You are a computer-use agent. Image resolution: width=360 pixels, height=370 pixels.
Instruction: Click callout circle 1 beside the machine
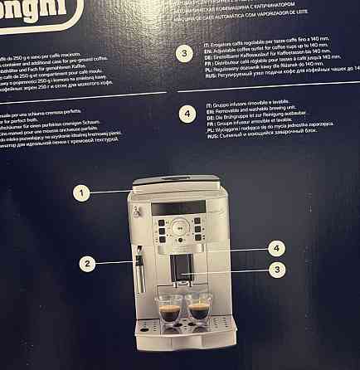(x=80, y=192)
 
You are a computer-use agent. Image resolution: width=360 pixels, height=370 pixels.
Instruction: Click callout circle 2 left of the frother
(x=85, y=263)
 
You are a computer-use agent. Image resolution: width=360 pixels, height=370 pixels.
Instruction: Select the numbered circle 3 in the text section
(x=185, y=54)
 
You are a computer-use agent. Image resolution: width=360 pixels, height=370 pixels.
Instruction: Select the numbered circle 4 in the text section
(x=185, y=114)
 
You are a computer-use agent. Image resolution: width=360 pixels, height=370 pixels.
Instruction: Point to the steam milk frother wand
(x=139, y=270)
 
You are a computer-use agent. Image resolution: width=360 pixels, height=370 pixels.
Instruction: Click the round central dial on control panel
(x=182, y=225)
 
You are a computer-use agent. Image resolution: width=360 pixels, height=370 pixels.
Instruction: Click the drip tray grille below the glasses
(x=184, y=328)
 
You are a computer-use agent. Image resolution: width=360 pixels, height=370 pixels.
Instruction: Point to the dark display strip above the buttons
(x=182, y=207)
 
